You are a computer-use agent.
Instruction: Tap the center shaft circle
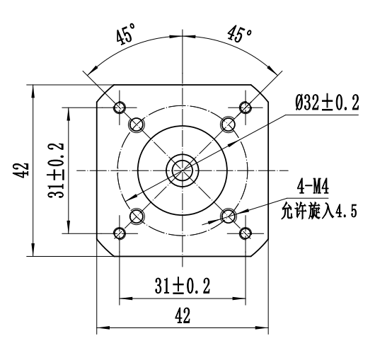point(183,170)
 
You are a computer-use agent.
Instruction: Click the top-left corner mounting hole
point(119,107)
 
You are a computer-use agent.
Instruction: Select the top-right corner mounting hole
point(246,107)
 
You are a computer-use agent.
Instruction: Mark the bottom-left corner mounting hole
point(119,233)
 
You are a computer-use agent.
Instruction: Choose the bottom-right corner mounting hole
point(246,233)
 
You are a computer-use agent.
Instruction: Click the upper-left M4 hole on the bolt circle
point(137,124)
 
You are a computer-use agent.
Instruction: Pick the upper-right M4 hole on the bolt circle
point(228,124)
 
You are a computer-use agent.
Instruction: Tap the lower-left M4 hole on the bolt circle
point(137,216)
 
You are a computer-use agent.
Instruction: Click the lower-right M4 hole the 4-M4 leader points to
point(228,216)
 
